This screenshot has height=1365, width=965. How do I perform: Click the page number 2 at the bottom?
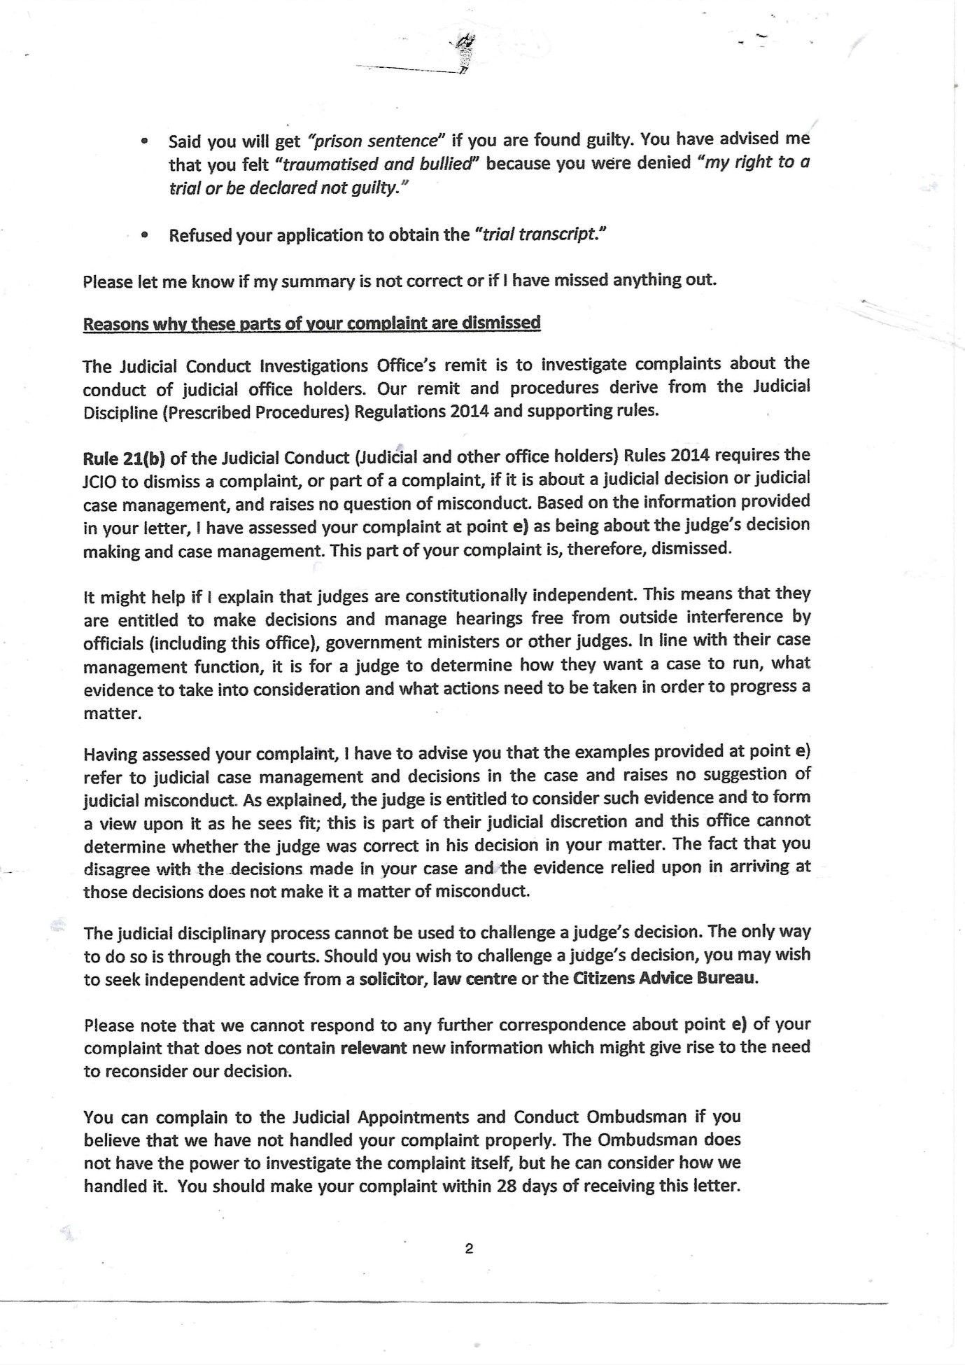tap(469, 1248)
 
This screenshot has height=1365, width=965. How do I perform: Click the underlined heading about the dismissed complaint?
tap(311, 323)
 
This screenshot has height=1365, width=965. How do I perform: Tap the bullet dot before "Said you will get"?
tap(144, 141)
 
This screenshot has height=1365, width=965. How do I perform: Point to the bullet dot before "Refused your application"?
tap(144, 236)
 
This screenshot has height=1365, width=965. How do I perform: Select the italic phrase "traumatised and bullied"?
tap(378, 164)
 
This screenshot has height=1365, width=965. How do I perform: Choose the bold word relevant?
tap(374, 1048)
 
